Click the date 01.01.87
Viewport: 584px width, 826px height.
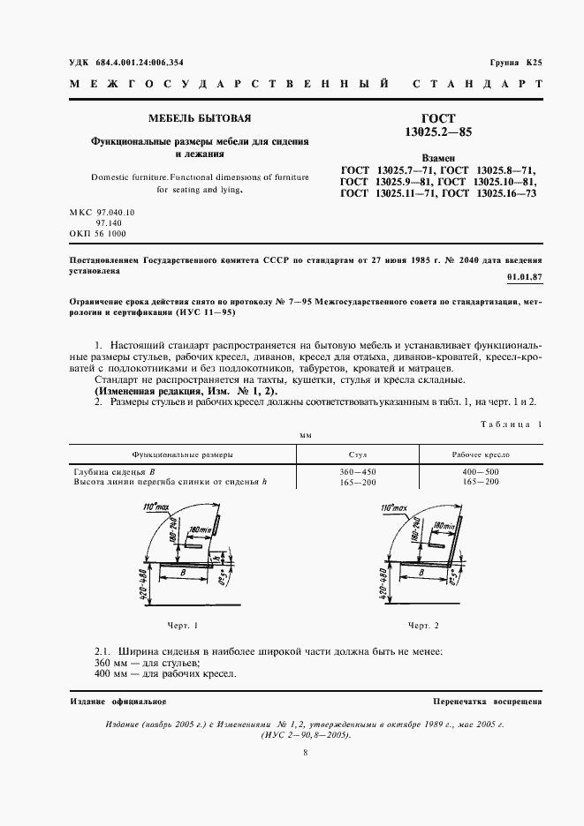point(524,276)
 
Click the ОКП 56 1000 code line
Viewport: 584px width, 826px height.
point(97,234)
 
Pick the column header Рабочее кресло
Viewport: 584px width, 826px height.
point(480,454)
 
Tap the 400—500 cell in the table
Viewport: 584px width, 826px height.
point(480,473)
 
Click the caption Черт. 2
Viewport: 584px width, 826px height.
point(423,625)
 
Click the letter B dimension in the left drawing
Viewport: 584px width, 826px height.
point(182,572)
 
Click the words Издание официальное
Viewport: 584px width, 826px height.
point(118,701)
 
